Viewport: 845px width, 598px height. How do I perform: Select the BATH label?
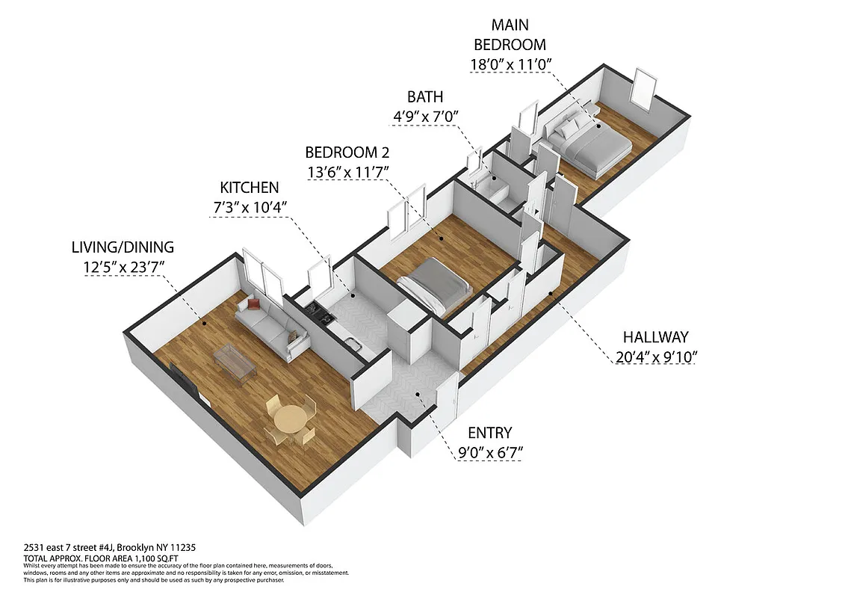click(424, 96)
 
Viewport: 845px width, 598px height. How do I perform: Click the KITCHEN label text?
click(249, 188)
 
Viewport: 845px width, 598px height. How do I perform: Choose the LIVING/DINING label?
click(123, 247)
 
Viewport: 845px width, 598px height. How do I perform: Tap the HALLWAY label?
click(655, 337)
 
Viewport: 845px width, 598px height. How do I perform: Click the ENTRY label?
click(489, 433)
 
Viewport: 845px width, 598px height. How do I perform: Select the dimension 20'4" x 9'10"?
click(655, 357)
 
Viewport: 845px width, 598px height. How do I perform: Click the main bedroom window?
click(643, 87)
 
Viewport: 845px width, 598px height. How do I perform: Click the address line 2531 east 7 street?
click(110, 548)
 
